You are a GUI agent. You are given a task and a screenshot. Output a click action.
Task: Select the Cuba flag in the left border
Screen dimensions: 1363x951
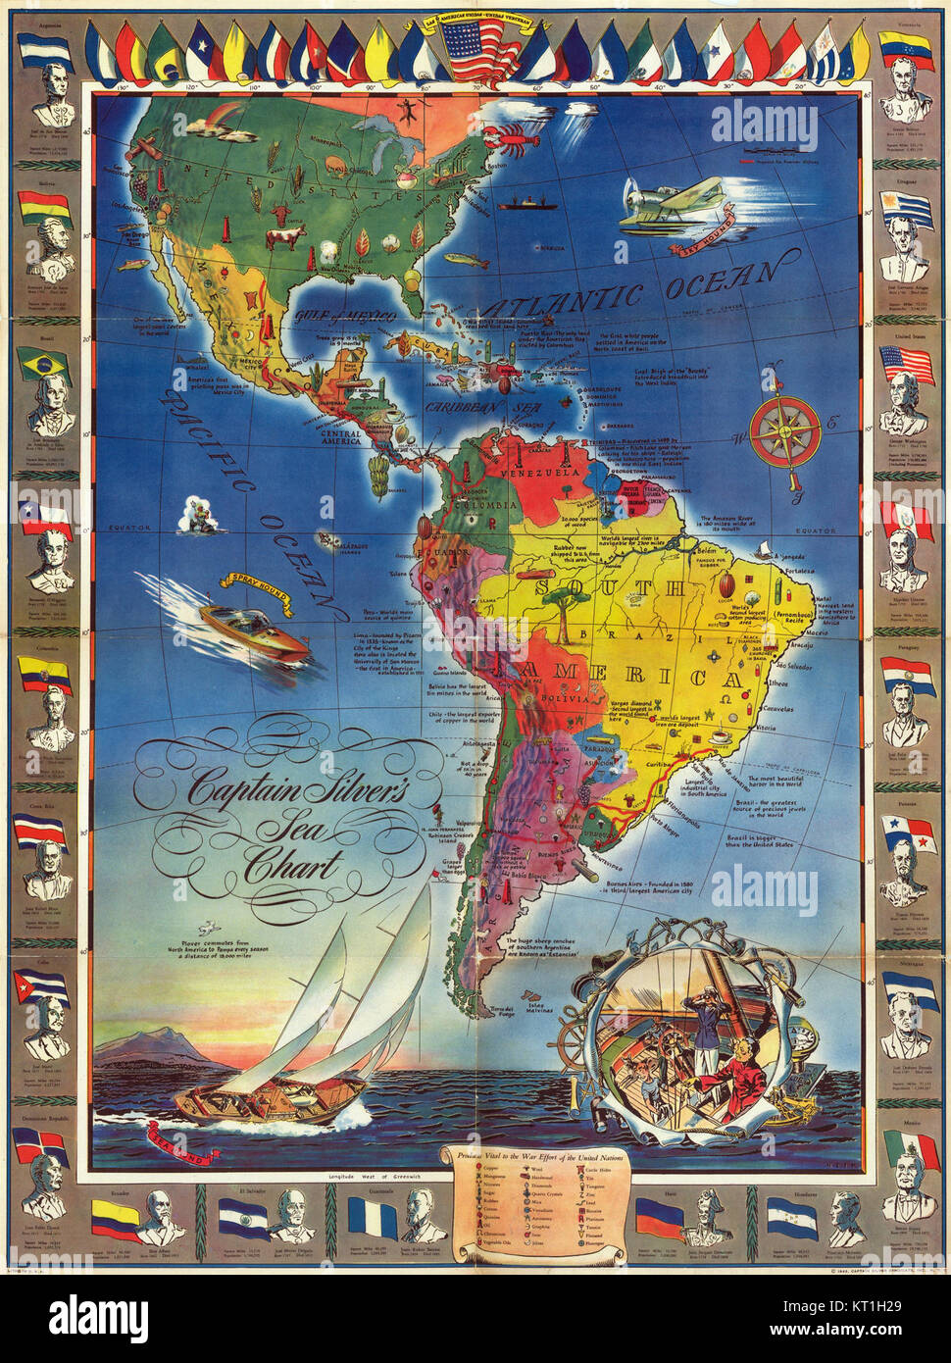(x=41, y=986)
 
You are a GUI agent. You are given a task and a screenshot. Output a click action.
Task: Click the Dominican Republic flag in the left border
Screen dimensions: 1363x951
(x=39, y=1144)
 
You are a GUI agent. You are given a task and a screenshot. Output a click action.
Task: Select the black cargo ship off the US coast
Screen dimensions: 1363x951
(x=524, y=203)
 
